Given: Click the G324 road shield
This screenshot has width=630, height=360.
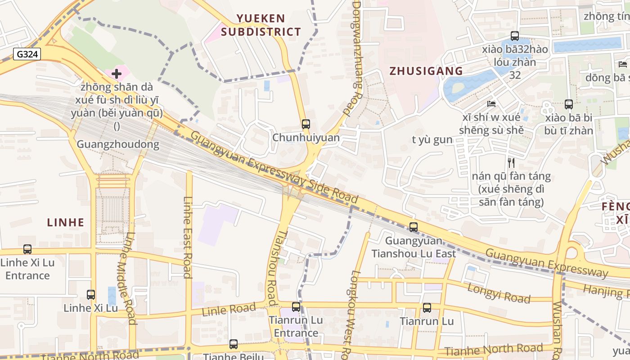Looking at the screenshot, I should point(27,54).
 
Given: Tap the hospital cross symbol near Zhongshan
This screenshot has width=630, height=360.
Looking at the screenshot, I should point(117,73).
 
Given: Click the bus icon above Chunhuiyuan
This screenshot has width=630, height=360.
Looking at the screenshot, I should point(306,124).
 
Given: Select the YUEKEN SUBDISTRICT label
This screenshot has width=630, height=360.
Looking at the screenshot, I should point(261,25).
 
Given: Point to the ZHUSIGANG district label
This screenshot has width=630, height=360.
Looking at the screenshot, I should point(426,71).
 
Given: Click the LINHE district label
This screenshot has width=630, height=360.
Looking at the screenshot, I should point(66,222).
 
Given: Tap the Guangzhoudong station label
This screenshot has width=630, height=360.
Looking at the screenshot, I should point(118,144).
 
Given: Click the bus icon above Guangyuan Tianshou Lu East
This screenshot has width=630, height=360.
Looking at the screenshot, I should point(414,227).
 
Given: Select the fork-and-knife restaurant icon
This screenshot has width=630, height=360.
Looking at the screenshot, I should point(511,162).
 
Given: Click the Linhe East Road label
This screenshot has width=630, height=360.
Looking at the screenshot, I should point(188,237).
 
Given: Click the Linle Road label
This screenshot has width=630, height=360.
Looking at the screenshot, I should point(229,310).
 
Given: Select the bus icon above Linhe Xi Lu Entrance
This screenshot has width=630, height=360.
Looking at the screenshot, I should point(27,249).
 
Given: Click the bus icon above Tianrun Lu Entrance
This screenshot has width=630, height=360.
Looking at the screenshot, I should point(296,307).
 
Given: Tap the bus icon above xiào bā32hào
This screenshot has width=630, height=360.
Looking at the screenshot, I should point(514,36).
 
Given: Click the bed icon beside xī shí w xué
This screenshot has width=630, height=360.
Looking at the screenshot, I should point(491,104).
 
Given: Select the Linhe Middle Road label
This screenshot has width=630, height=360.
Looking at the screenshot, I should point(126,278).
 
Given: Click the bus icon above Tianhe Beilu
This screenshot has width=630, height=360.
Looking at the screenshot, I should point(233,344).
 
